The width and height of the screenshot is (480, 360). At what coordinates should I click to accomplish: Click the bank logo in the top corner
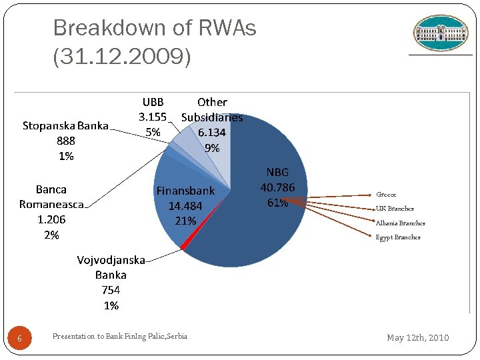pyautogui.click(x=440, y=33)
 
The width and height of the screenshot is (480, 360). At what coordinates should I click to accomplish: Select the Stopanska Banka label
pyautogui.click(x=65, y=126)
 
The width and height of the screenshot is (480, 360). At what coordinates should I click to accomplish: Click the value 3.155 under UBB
pyautogui.click(x=153, y=117)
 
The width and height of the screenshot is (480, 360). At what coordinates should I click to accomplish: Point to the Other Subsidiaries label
pyautogui.click(x=212, y=110)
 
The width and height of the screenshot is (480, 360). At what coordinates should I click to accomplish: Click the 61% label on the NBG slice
pyautogui.click(x=277, y=203)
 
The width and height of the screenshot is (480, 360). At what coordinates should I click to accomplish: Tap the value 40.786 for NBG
pyautogui.click(x=277, y=187)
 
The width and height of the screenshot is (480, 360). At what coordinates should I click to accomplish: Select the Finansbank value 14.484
pyautogui.click(x=185, y=206)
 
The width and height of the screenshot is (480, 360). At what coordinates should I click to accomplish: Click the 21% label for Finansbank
pyautogui.click(x=185, y=221)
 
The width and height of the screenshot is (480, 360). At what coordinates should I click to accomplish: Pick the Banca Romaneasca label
pyautogui.click(x=51, y=197)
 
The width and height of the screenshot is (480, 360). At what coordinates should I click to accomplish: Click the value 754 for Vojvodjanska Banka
pyautogui.click(x=111, y=290)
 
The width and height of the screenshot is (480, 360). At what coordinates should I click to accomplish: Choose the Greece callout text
pyautogui.click(x=386, y=195)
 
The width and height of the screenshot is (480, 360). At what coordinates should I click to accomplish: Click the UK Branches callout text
pyautogui.click(x=395, y=209)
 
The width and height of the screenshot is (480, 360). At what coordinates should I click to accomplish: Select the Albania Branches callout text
pyautogui.click(x=400, y=223)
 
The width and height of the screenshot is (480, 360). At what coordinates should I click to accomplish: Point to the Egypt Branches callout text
pyautogui.click(x=398, y=237)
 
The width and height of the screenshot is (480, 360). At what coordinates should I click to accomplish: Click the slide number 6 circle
pyautogui.click(x=19, y=339)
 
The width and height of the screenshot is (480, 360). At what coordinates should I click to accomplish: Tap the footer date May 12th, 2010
pyautogui.click(x=418, y=338)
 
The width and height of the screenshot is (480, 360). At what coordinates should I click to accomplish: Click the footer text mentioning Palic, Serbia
pyautogui.click(x=120, y=336)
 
